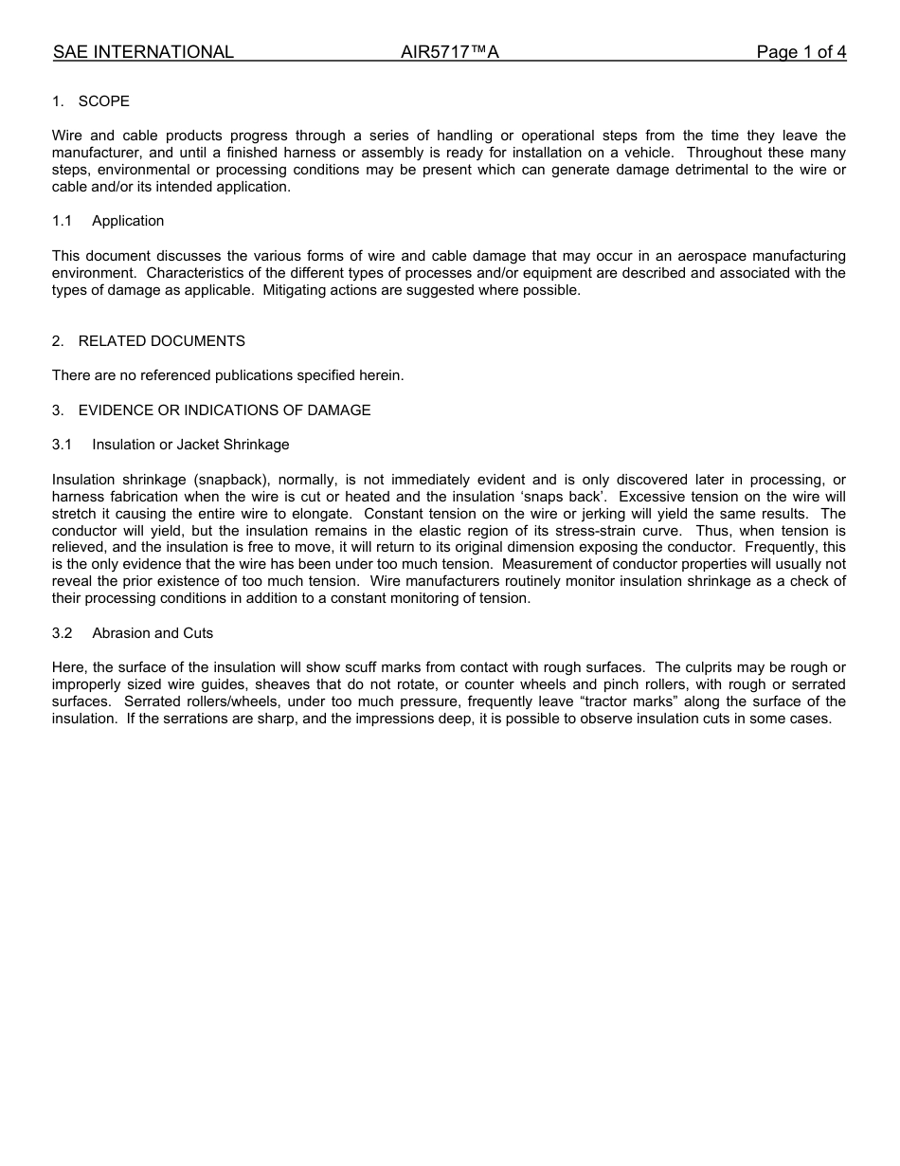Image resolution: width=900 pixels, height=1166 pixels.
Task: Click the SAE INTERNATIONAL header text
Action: coord(143,52)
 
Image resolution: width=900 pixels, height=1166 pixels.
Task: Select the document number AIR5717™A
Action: coord(449,52)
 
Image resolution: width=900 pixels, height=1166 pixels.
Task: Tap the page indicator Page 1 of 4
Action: coord(801,52)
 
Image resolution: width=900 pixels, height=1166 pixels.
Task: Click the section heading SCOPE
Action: coord(103,101)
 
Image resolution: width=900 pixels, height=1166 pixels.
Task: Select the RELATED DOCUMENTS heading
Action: coord(161,341)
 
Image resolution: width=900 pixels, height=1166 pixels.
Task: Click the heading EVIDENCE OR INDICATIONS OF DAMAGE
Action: coord(225,410)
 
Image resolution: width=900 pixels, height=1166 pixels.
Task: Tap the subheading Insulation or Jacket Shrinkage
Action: coord(190,445)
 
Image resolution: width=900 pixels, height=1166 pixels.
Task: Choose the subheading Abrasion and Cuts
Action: coord(153,633)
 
